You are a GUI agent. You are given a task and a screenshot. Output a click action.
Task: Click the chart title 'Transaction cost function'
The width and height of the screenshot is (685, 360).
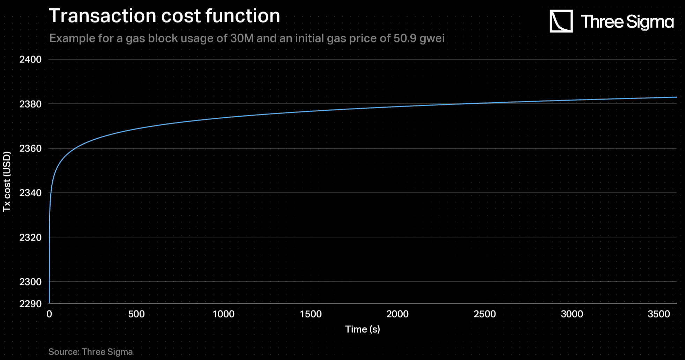164,16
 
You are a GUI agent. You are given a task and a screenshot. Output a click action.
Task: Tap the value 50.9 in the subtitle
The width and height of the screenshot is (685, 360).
405,38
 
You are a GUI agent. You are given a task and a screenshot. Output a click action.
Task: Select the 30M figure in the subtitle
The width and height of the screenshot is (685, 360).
241,38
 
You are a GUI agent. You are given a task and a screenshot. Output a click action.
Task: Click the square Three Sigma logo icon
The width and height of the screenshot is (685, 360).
561,21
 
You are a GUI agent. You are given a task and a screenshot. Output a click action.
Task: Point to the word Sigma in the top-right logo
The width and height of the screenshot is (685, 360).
650,22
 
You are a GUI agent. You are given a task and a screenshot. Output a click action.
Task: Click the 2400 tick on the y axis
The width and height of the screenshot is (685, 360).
30,59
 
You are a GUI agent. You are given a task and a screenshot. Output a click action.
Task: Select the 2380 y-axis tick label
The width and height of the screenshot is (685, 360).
30,104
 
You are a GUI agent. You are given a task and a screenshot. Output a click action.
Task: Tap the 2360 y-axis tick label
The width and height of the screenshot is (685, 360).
30,148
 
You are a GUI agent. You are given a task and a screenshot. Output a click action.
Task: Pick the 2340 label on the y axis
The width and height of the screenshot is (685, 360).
30,193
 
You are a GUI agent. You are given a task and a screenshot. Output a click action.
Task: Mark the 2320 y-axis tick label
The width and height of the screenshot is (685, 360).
30,237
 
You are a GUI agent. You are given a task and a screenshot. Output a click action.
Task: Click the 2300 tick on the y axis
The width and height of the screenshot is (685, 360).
30,282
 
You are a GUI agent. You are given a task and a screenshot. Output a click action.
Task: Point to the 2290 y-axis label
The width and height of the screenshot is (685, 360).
30,304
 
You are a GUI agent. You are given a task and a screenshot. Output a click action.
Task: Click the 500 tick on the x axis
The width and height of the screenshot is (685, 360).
136,314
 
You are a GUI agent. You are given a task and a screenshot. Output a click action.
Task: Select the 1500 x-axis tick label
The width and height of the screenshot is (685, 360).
311,314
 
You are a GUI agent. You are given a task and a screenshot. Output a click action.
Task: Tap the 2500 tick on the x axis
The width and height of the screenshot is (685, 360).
485,314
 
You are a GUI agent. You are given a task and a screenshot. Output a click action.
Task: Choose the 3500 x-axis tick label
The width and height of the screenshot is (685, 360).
659,314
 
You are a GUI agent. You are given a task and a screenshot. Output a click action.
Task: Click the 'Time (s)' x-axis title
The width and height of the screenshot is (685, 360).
362,329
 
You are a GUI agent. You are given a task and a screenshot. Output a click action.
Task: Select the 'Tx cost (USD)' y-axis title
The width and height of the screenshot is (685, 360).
7,182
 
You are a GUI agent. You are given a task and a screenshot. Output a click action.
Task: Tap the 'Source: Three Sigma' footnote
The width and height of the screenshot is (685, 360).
90,352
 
